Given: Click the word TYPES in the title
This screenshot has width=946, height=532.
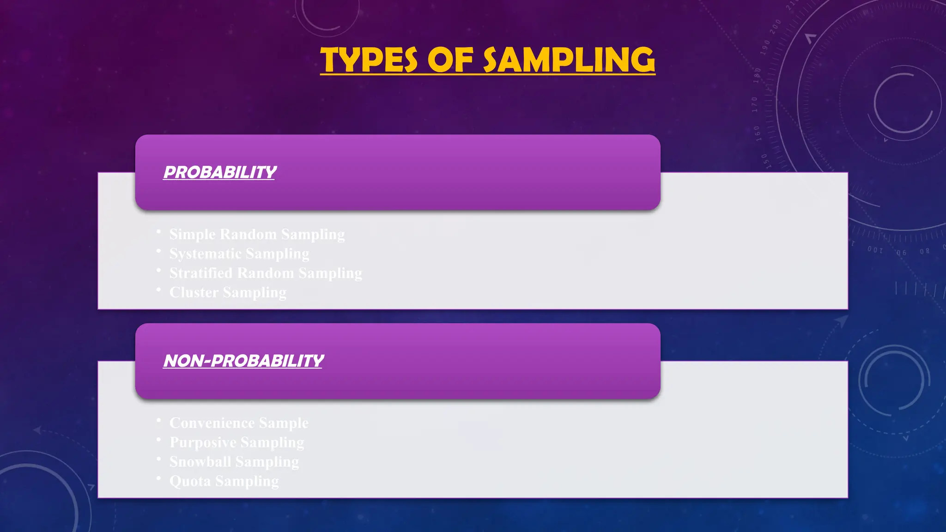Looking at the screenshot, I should point(369,60).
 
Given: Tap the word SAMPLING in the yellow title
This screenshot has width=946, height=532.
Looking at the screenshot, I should point(569,60).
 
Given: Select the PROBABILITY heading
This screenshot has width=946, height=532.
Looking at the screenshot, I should point(220,172).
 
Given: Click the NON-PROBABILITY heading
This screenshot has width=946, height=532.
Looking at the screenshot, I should point(243,361).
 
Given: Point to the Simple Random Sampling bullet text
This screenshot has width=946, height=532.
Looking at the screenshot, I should point(257,234).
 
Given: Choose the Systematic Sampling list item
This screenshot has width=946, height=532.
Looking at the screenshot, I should point(239,254).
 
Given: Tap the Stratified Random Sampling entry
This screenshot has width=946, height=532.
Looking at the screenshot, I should point(266,273).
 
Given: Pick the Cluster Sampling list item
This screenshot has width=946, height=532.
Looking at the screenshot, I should point(228,292).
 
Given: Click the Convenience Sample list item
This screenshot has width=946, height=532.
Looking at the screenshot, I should point(239,423).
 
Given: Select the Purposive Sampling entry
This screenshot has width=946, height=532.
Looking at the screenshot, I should point(237,442).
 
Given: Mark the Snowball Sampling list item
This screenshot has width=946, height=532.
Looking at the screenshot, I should point(234,461).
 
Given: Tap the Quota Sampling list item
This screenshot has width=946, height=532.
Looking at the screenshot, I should point(224,481).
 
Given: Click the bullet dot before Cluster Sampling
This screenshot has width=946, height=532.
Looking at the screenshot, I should point(158,290).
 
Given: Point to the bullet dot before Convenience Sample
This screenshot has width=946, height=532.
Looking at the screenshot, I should point(158,420).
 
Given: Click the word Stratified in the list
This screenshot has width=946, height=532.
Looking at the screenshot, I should point(201,273).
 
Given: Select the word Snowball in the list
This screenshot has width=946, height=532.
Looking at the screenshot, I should point(200,461).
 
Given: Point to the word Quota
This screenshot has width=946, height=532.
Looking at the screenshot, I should point(190,481).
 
